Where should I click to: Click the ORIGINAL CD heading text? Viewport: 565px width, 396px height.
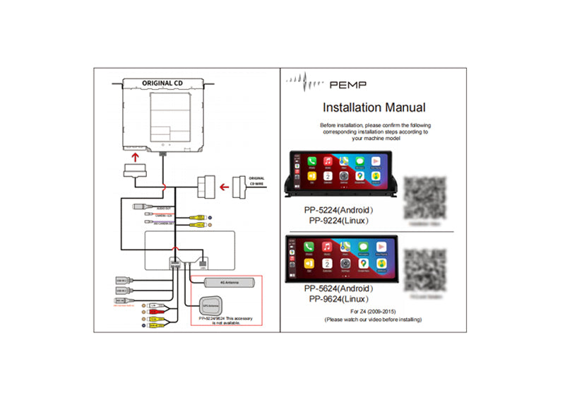pos(162,82)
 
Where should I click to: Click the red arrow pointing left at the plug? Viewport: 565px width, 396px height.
pos(224,188)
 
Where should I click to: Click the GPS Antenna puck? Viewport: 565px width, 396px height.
pos(210,305)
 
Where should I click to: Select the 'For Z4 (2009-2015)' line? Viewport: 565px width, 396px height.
pos(372,310)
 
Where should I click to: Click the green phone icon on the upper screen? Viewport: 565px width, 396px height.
pos(311,161)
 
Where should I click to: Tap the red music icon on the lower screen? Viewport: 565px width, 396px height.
pos(327,246)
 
